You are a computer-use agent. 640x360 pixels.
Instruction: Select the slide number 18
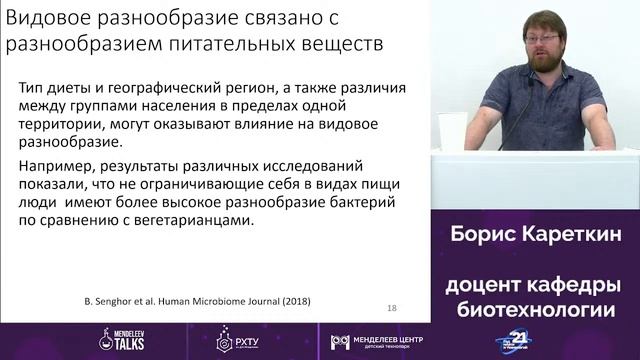391,307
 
